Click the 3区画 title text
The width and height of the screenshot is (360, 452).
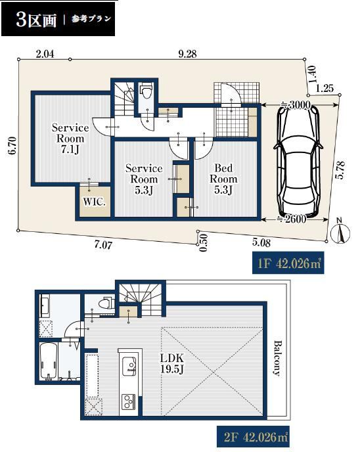tap(36, 20)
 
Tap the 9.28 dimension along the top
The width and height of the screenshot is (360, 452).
tap(187, 54)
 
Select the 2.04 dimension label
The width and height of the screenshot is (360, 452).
tap(45, 54)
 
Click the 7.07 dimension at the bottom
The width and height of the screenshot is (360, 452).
tap(103, 245)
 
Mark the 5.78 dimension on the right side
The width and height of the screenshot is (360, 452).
tap(340, 170)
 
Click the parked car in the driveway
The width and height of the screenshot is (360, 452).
tap(299, 162)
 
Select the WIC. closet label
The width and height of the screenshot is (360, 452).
tap(94, 202)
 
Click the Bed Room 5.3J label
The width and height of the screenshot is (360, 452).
tap(223, 179)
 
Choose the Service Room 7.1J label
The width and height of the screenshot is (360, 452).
tap(70, 139)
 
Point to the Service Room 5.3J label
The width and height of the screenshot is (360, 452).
tap(144, 179)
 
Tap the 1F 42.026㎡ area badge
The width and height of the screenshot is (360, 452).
tap(288, 263)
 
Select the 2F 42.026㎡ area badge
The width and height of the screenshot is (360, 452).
tap(253, 437)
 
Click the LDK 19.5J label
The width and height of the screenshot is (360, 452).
tap(171, 363)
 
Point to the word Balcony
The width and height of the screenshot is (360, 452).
tap(277, 358)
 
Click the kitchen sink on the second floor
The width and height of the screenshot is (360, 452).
tap(129, 366)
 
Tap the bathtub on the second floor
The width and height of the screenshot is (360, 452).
tap(49, 362)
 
